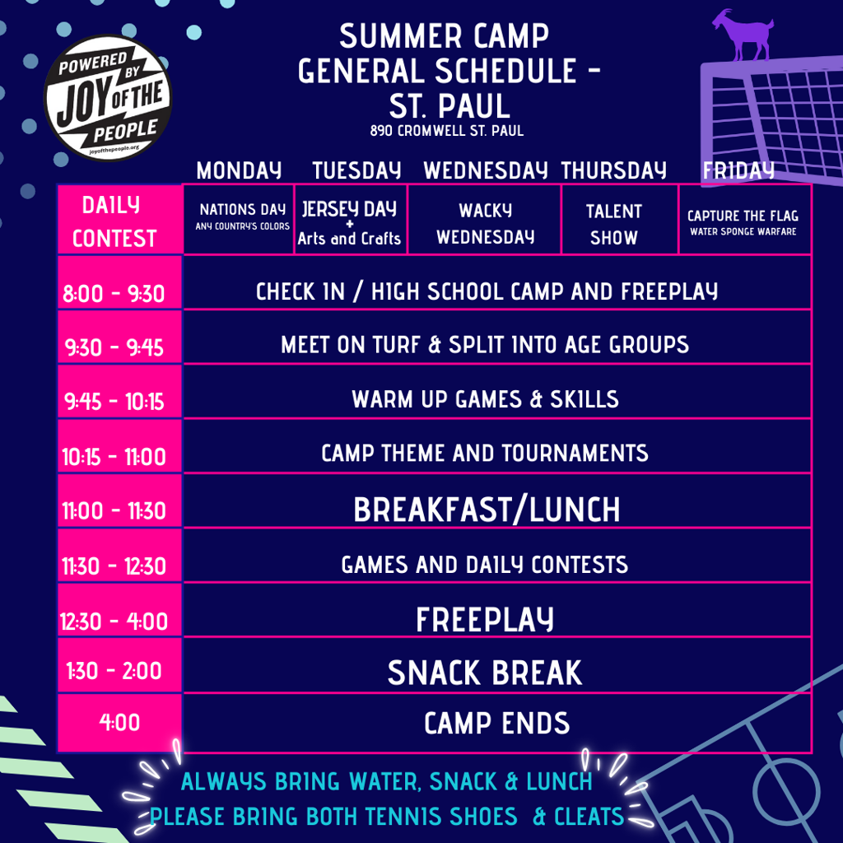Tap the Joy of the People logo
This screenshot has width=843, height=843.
pyautogui.click(x=108, y=99)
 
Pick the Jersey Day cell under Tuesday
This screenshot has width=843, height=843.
pyautogui.click(x=351, y=219)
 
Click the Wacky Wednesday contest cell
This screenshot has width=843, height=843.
pyautogui.click(x=484, y=219)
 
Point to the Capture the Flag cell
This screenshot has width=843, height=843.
pyautogui.click(x=745, y=219)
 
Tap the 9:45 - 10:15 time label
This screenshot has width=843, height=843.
pyautogui.click(x=114, y=402)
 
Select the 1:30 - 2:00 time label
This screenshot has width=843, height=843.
pyautogui.click(x=114, y=671)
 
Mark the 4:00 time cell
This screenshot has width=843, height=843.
pyautogui.click(x=120, y=723)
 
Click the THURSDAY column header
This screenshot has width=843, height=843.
pyautogui.click(x=614, y=171)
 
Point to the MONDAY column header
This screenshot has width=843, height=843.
pyautogui.click(x=240, y=171)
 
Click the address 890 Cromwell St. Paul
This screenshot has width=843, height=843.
pyautogui.click(x=447, y=131)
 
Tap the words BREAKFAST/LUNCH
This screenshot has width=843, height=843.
pyautogui.click(x=487, y=510)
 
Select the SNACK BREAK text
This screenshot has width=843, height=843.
pyautogui.click(x=485, y=673)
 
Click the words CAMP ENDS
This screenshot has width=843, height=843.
pyautogui.click(x=496, y=723)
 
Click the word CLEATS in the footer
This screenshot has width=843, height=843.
pyautogui.click(x=589, y=817)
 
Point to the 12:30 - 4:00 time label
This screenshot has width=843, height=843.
pyautogui.click(x=114, y=622)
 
